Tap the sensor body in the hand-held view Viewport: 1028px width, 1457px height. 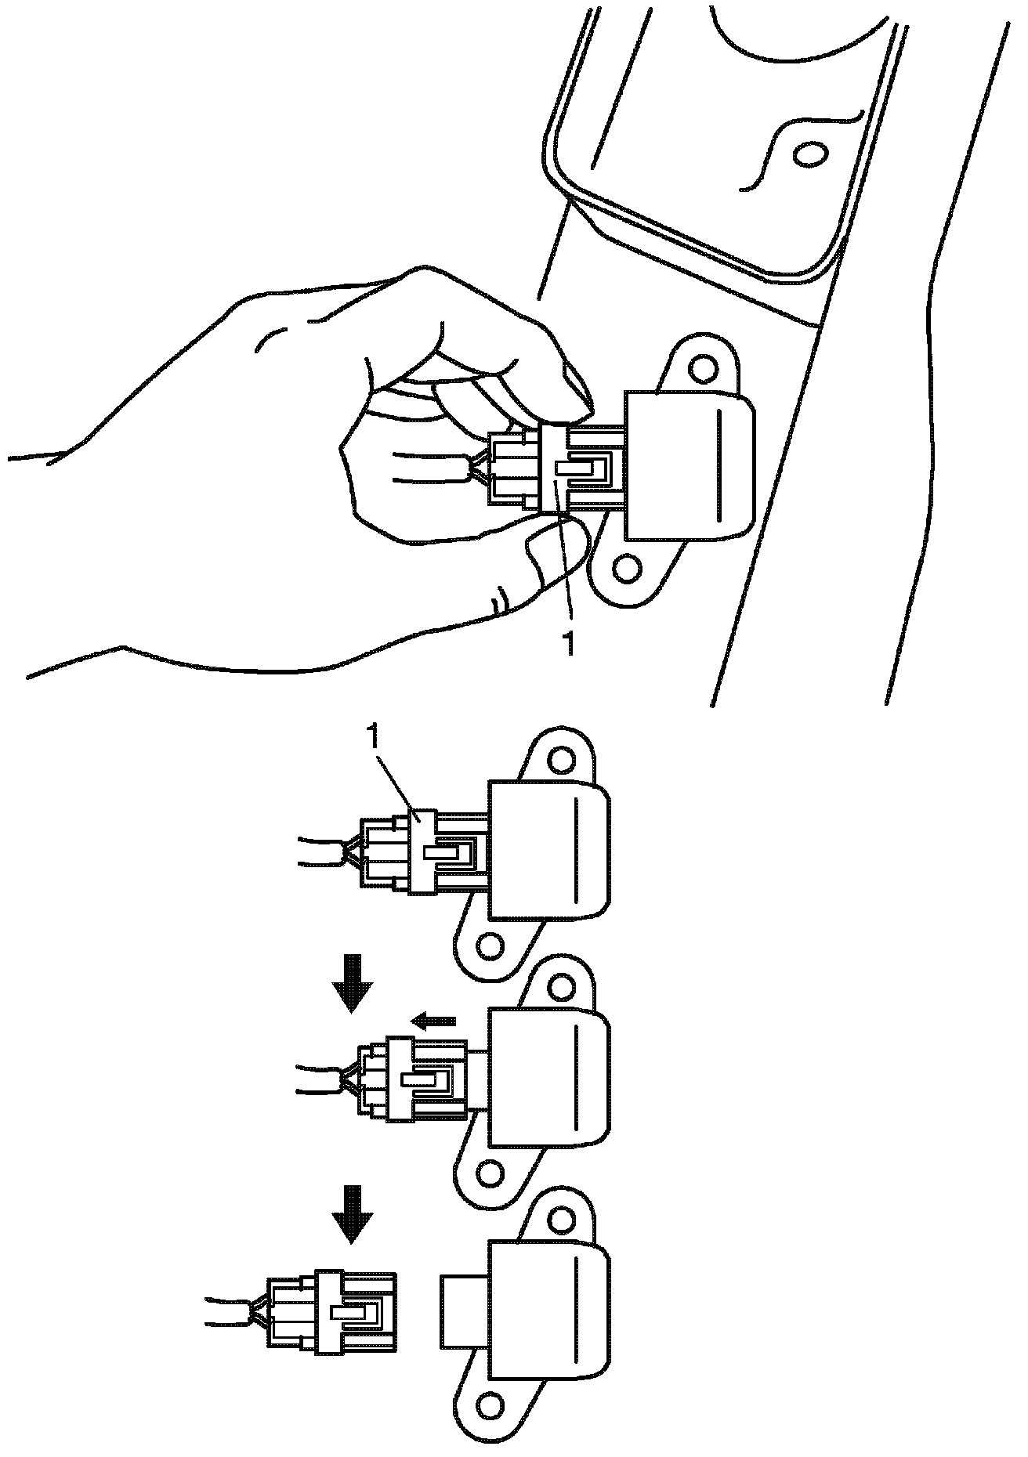point(690,467)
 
